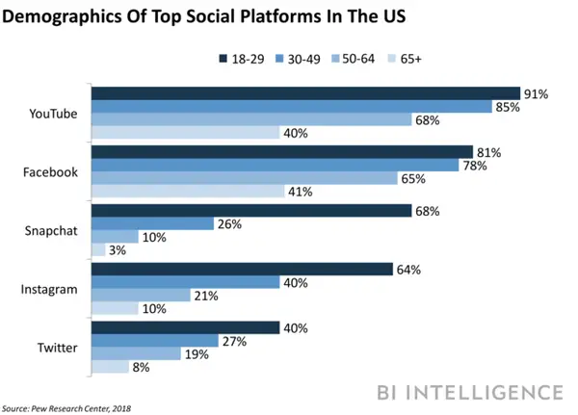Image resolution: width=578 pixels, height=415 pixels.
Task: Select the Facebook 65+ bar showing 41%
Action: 187,192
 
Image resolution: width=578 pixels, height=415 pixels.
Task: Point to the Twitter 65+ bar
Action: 110,367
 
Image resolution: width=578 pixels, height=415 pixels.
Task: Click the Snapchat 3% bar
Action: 97,250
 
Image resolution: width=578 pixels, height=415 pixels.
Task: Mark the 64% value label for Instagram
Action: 409,269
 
